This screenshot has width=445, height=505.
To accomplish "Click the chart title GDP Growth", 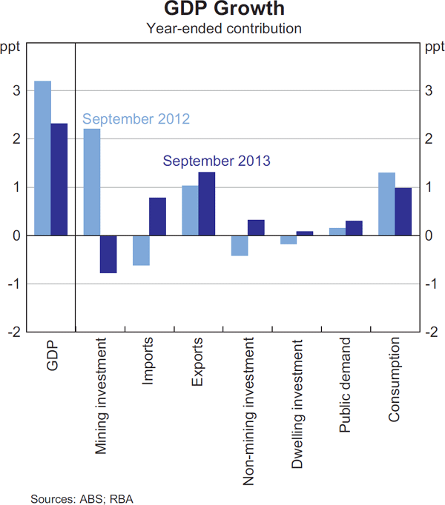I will [223, 10].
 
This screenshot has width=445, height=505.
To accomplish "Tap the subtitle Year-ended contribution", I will [223, 29].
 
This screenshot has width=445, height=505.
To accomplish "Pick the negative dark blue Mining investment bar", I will [108, 254].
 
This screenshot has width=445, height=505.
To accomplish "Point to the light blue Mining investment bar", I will [91, 182].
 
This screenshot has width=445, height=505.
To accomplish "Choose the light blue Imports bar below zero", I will [141, 250].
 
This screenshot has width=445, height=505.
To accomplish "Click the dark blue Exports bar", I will [207, 204].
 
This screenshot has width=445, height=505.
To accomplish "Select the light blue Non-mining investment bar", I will [239, 245].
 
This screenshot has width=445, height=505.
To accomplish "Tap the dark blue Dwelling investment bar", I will [305, 233].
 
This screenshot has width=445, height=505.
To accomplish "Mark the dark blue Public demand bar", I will [354, 228].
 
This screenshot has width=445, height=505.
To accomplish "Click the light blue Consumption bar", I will [386, 204].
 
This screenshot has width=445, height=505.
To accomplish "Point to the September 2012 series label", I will [136, 119].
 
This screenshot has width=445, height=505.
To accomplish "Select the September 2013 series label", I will [216, 161].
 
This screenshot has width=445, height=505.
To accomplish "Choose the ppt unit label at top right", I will [434, 48].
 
